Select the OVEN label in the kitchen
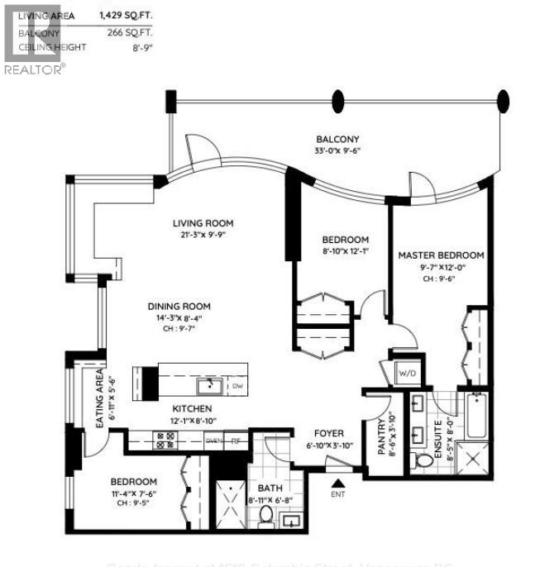click(213, 441)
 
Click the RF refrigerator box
click(235, 441)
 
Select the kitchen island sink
click(209, 385)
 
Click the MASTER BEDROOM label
click(441, 255)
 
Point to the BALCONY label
click(337, 140)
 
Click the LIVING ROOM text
click(203, 223)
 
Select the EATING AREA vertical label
click(98, 402)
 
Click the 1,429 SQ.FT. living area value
click(127, 15)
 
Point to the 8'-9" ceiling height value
click(142, 47)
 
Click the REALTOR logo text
click(34, 70)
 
